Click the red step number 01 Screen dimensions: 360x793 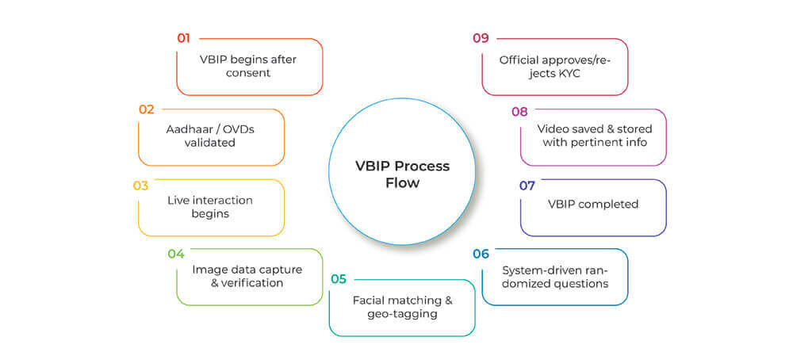183,38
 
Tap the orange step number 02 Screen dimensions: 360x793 146,109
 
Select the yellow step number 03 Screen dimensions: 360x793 140,186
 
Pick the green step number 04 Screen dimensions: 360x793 176,254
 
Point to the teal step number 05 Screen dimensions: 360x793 339,279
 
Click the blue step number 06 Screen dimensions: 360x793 481,254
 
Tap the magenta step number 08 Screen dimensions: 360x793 519,112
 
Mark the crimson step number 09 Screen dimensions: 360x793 481,38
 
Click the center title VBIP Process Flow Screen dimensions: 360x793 401,174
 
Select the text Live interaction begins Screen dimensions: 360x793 209,206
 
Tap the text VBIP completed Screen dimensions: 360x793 592,204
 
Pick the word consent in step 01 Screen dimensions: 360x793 249,73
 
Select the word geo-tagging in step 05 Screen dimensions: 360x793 402,313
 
